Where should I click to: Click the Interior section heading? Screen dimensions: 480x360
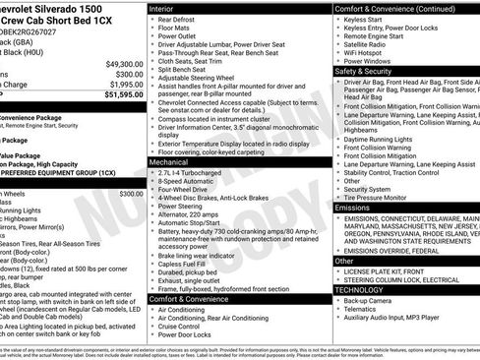(x=164, y=8)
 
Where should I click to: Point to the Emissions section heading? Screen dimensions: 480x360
(x=354, y=209)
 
